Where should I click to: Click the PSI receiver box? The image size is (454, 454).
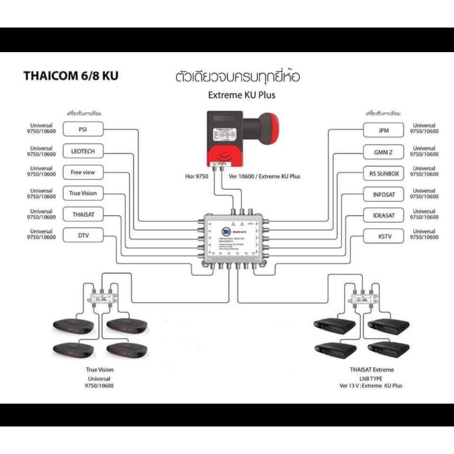[x=83, y=129]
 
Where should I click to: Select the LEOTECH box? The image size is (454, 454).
[x=83, y=151]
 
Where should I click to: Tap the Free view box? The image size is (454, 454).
[x=83, y=172]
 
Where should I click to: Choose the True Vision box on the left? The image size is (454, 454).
[x=83, y=193]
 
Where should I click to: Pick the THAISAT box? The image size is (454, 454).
[x=83, y=215]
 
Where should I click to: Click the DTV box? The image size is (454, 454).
[x=83, y=237]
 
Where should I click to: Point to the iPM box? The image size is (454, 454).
[x=384, y=130]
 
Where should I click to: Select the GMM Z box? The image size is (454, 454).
[x=384, y=152]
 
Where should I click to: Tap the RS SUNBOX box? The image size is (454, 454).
[x=384, y=173]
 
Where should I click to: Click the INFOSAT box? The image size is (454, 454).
[x=384, y=194]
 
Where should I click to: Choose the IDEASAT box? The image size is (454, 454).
[x=384, y=216]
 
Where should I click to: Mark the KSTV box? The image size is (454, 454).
[x=384, y=237]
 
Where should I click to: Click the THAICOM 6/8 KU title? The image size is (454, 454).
[x=70, y=76]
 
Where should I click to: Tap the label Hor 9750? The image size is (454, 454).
[x=194, y=176]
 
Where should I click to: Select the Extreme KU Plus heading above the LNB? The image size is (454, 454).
[x=241, y=95]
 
